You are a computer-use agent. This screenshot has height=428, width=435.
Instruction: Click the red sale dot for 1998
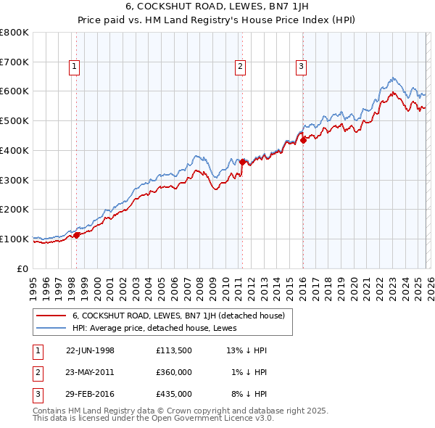point(77,235)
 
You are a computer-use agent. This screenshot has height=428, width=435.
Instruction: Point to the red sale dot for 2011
point(242,162)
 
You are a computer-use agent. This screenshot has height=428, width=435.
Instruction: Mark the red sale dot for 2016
point(303,140)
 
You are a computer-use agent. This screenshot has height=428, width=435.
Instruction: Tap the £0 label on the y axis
point(23,268)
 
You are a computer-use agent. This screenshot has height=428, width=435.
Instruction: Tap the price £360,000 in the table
point(173,372)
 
